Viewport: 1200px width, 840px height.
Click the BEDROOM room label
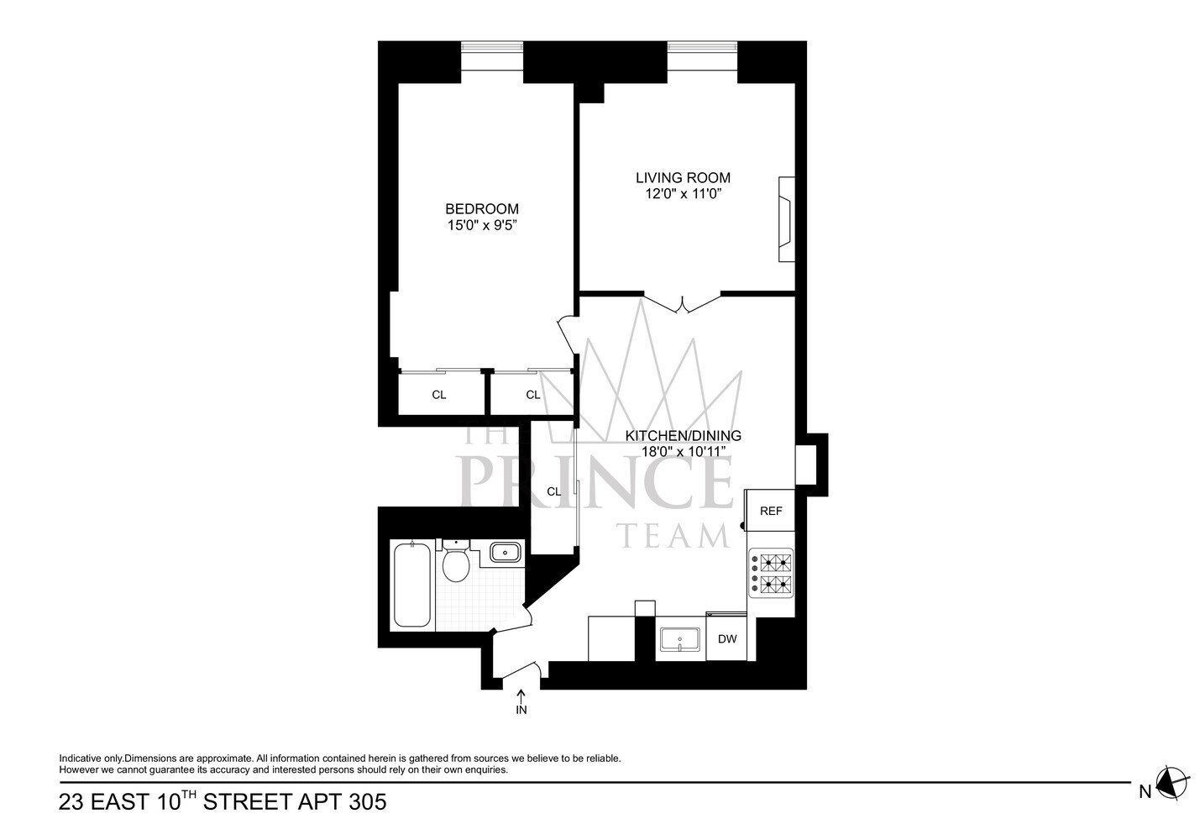481,209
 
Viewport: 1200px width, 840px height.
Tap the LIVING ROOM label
683,178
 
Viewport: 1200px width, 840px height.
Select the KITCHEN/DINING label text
683,436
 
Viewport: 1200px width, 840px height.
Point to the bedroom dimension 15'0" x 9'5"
481,225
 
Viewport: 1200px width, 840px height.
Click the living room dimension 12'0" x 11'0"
683,194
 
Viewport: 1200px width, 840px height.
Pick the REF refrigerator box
770,511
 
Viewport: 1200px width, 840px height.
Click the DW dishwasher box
726,639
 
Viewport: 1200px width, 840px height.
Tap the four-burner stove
771,574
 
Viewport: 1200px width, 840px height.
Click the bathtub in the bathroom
411,585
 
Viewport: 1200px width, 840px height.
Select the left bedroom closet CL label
439,395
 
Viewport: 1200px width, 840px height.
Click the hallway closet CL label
553,492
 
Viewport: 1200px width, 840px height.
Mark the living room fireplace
786,219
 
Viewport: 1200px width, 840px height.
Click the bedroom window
492,61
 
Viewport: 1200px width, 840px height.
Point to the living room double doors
683,303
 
